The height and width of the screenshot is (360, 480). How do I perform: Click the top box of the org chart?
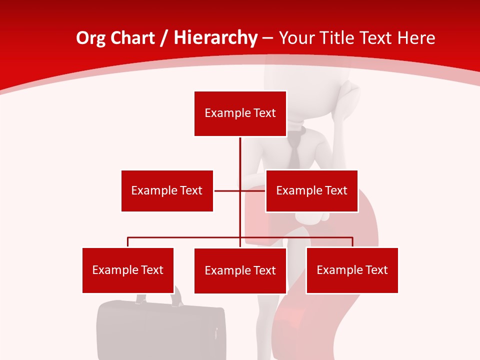click(240, 113)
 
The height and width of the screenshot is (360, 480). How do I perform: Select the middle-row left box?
click(167, 190)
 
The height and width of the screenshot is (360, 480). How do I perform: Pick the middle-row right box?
click(311, 190)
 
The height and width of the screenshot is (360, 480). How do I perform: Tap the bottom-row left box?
click(128, 270)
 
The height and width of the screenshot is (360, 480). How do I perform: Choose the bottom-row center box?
click(240, 270)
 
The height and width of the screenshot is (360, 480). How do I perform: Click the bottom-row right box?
click(352, 270)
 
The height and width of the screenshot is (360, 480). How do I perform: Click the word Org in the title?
click(90, 38)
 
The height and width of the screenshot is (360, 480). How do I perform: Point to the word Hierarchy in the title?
click(215, 38)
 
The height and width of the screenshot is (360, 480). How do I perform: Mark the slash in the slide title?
click(164, 38)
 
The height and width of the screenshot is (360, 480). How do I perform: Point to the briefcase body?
click(160, 330)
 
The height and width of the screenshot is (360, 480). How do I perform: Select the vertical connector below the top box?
click(240, 160)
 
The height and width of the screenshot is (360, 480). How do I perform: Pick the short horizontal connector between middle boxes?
click(227, 190)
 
